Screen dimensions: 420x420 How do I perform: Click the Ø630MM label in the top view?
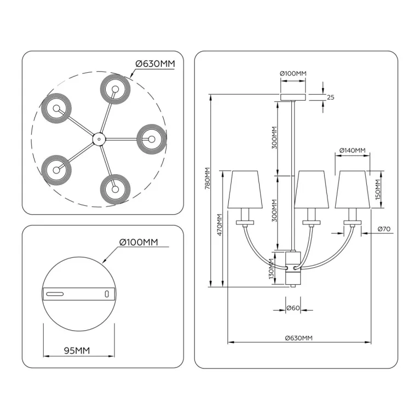click(x=155, y=64)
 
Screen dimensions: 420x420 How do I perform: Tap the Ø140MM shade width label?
click(x=352, y=150)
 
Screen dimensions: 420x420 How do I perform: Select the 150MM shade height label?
click(x=377, y=189)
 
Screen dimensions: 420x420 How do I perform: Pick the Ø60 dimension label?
click(x=293, y=308)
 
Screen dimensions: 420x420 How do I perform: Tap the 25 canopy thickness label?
click(x=330, y=97)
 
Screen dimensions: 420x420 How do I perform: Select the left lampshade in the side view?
click(x=244, y=189)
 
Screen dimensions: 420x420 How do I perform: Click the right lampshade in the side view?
click(x=352, y=189)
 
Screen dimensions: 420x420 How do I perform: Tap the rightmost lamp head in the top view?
click(x=150, y=138)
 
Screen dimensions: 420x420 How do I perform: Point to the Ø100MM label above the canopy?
click(x=293, y=73)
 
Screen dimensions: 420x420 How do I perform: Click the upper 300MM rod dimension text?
click(x=275, y=137)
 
